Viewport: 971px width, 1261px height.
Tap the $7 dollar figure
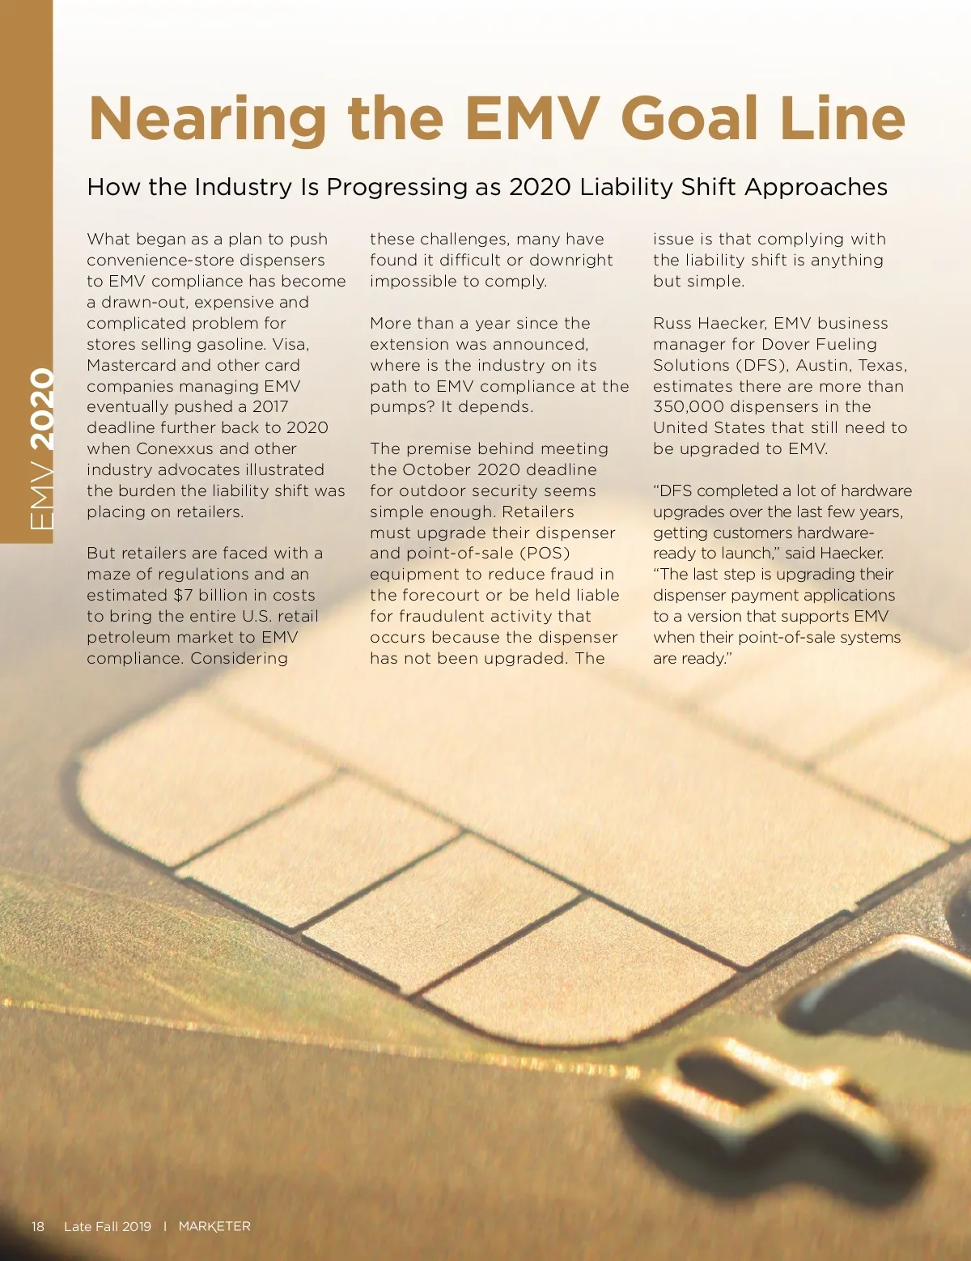(184, 595)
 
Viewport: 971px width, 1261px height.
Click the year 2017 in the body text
(269, 406)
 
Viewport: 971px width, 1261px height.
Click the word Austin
(823, 365)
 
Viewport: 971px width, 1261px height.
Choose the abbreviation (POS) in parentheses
(545, 553)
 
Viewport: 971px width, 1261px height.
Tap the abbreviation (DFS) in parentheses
(762, 365)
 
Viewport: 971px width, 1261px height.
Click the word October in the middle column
(437, 469)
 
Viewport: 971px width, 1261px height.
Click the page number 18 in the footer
(38, 1226)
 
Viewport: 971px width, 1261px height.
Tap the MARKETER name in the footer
(214, 1226)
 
